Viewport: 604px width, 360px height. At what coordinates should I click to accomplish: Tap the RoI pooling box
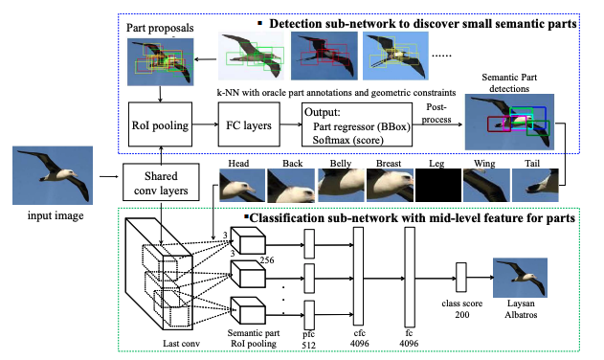[x=161, y=124]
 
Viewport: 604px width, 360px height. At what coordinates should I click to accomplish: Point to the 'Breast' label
[x=388, y=163]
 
